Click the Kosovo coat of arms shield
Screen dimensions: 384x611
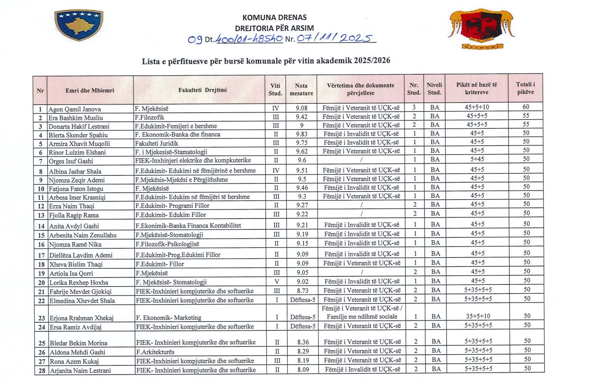click(x=78, y=24)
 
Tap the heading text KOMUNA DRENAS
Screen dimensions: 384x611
click(x=274, y=18)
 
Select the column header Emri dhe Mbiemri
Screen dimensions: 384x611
click(x=90, y=90)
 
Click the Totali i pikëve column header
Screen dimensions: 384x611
click(x=525, y=88)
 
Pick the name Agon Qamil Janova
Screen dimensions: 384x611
click(x=75, y=109)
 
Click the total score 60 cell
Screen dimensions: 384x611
click(x=526, y=107)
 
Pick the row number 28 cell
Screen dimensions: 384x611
click(x=41, y=370)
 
